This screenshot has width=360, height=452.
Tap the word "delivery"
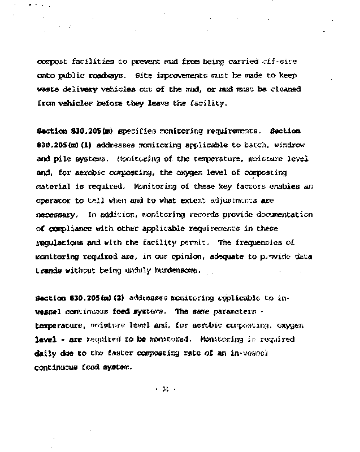79,89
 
